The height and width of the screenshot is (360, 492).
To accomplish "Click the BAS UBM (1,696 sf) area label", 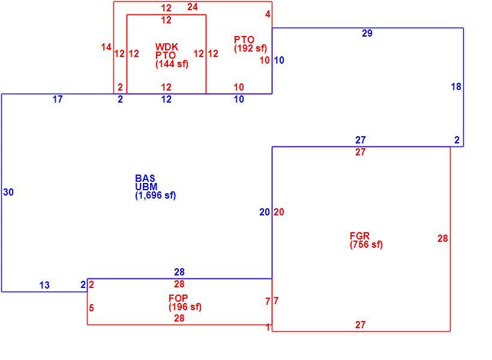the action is click(x=155, y=187).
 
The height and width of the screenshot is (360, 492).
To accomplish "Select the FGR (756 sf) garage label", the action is click(x=366, y=240).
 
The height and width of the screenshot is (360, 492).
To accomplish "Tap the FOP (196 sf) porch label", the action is click(x=185, y=302).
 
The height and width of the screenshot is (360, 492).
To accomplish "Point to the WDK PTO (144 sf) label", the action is click(x=172, y=55).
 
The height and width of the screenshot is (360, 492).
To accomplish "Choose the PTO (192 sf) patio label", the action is click(x=250, y=44).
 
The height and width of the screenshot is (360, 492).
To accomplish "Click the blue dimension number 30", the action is click(x=8, y=192).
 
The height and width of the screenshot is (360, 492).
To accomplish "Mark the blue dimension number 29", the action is click(x=367, y=33).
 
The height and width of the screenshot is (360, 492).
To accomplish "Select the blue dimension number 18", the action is click(x=456, y=86).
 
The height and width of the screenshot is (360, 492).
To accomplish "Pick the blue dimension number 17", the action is click(x=58, y=100).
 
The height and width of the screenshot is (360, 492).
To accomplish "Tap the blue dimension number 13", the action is click(x=44, y=286).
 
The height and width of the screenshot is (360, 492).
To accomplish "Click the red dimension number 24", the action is click(x=193, y=7).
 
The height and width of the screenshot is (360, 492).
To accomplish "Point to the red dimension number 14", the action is click(x=106, y=47).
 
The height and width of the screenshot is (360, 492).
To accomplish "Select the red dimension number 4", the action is click(x=268, y=14).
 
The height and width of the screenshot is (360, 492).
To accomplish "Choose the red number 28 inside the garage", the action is click(x=442, y=239).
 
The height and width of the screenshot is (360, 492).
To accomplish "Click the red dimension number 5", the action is click(x=91, y=308).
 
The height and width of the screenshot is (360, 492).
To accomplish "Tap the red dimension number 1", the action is click(x=268, y=328).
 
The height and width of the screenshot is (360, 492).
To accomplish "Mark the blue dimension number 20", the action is click(x=265, y=212).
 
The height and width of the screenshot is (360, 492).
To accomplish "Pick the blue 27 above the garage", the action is click(x=361, y=140).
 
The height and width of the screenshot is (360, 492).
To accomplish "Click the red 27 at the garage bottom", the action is click(x=360, y=325).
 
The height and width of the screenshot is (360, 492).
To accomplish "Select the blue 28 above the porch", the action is click(x=179, y=272).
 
